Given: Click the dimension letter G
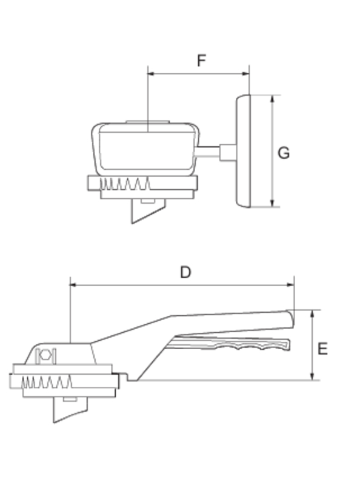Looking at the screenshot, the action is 284,153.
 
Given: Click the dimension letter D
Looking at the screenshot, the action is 185,272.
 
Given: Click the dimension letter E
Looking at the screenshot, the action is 322,349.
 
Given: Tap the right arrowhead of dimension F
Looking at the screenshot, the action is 245,73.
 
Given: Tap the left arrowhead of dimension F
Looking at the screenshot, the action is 152,73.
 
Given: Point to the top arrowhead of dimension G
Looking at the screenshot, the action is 272,99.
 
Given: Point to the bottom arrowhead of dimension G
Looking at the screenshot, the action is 272,203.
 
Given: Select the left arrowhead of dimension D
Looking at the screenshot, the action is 74,285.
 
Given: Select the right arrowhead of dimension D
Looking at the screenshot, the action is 290,285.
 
